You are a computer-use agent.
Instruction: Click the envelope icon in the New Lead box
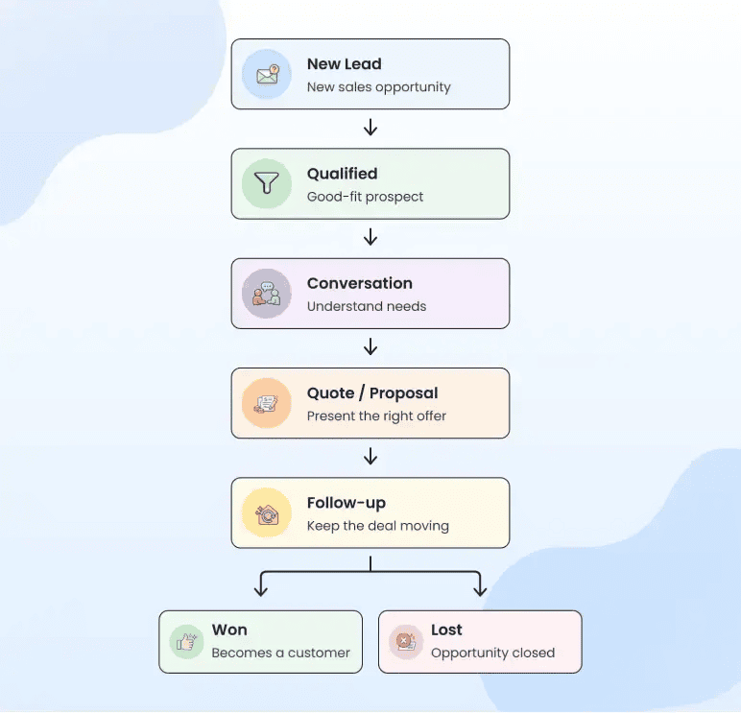tap(268, 74)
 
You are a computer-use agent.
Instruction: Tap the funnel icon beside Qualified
tap(267, 183)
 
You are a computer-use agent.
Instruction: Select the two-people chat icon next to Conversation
tap(267, 294)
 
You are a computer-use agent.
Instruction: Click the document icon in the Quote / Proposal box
tap(267, 403)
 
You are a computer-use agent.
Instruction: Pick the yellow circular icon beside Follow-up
tap(267, 512)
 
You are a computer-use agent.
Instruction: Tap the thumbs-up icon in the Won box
tap(186, 642)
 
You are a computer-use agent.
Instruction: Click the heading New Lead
tap(344, 63)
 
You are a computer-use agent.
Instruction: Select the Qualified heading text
tap(342, 174)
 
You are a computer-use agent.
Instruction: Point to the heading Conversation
tap(360, 283)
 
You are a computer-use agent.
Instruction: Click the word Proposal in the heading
tap(403, 393)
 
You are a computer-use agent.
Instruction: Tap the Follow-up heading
tap(347, 503)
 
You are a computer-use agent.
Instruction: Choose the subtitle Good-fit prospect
tap(365, 197)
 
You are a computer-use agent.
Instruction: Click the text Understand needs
tap(367, 306)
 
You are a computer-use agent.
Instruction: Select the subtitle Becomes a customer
tap(280, 653)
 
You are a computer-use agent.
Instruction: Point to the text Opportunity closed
tap(493, 653)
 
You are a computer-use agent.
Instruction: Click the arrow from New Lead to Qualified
tap(370, 127)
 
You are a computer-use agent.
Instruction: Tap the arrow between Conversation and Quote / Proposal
tap(370, 346)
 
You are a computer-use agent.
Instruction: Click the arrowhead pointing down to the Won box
tap(261, 591)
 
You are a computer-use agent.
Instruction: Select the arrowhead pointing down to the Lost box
tap(480, 591)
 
